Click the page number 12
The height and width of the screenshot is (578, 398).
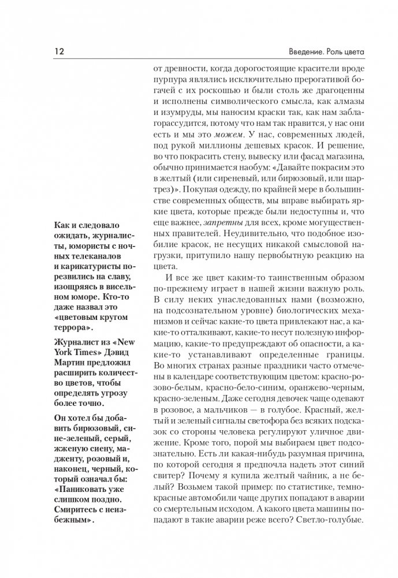[58, 53]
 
